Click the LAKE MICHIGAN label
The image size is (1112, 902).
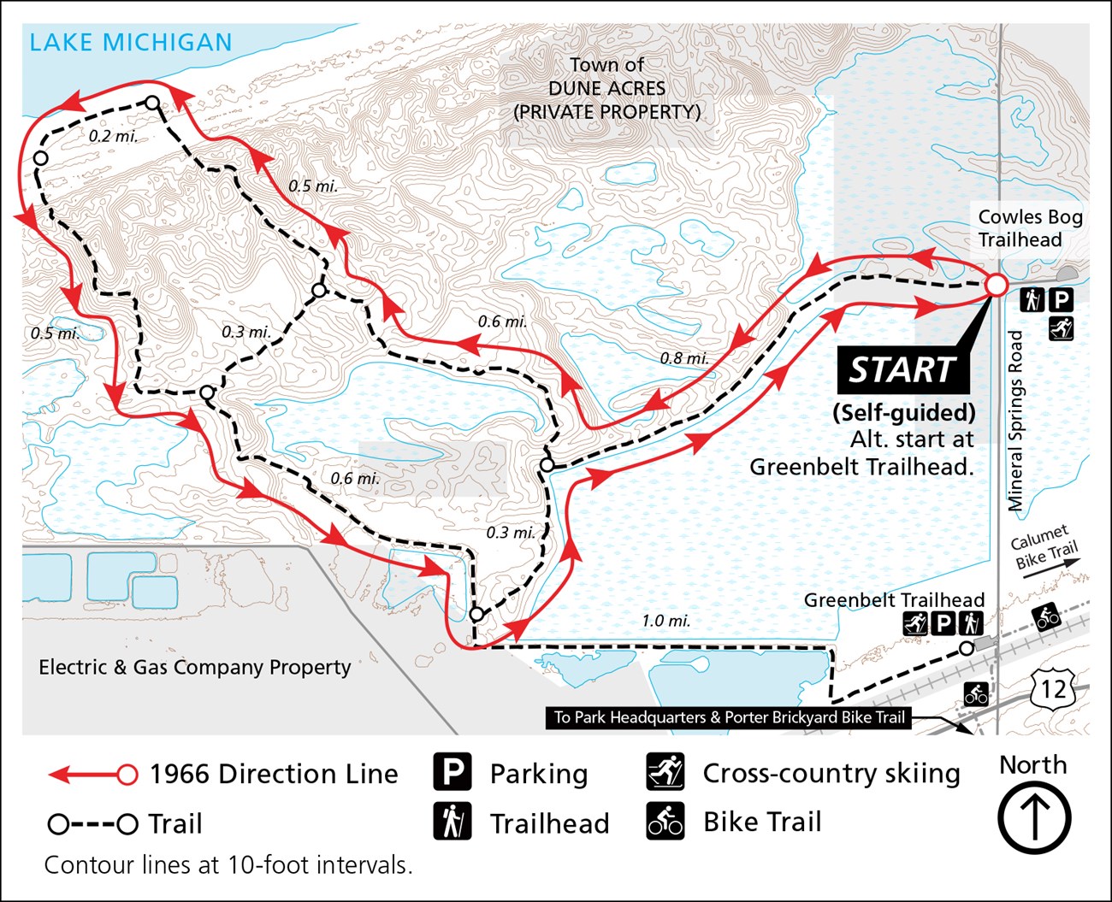(130, 42)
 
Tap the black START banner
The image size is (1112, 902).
(902, 370)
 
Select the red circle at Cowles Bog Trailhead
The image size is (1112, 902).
(997, 285)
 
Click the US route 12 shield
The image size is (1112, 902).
(1053, 688)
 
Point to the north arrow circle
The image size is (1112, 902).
(1033, 817)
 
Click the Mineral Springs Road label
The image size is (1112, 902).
(1016, 421)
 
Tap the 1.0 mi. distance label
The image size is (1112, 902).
(665, 621)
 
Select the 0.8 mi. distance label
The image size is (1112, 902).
(683, 358)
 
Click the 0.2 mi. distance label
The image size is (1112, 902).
(113, 136)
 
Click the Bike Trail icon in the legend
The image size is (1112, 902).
(665, 822)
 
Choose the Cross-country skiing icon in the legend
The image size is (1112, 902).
(665, 773)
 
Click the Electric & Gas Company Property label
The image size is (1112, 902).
(195, 667)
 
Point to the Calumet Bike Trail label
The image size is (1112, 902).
(1044, 547)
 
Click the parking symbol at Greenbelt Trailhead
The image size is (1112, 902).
(943, 624)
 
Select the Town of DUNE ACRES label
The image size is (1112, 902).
(606, 88)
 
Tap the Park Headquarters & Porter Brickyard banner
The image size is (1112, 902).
(729, 717)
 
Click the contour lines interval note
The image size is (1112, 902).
(228, 865)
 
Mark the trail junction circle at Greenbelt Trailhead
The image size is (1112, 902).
(966, 649)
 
